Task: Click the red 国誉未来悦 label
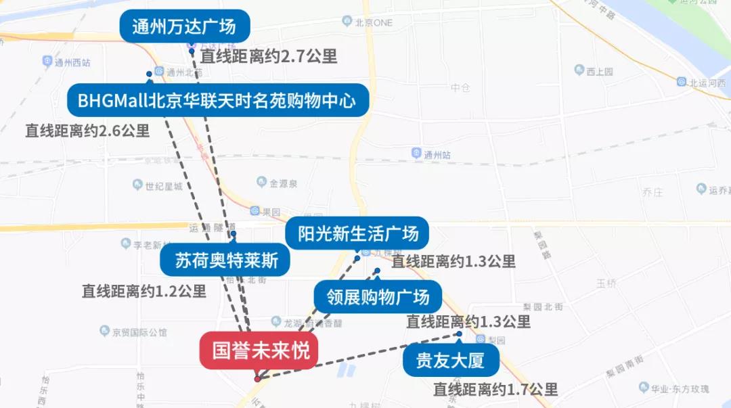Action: pos(258,350)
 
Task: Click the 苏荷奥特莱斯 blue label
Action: pos(225,260)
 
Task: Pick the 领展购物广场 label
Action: pos(378,296)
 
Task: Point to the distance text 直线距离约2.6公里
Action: pos(87,131)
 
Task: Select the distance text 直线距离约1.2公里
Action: pos(144,292)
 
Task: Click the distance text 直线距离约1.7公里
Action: pos(495,390)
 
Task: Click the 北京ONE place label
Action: pos(374,22)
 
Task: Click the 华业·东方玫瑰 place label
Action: pos(680,388)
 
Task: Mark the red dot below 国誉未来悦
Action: pos(257,379)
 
